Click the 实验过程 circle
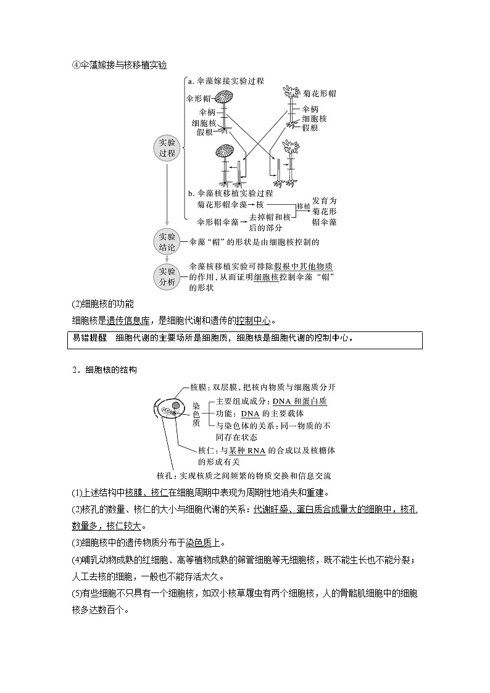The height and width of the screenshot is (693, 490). [167, 148]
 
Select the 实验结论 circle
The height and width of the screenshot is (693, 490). [167, 241]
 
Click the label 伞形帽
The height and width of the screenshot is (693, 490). [197, 98]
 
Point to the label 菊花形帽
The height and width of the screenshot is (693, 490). [319, 93]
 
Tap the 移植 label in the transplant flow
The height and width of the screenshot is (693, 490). [303, 205]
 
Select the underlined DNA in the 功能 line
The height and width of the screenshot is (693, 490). [250, 413]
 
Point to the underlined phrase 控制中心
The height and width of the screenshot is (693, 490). [254, 320]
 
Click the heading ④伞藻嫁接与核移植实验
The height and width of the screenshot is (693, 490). [119, 65]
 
